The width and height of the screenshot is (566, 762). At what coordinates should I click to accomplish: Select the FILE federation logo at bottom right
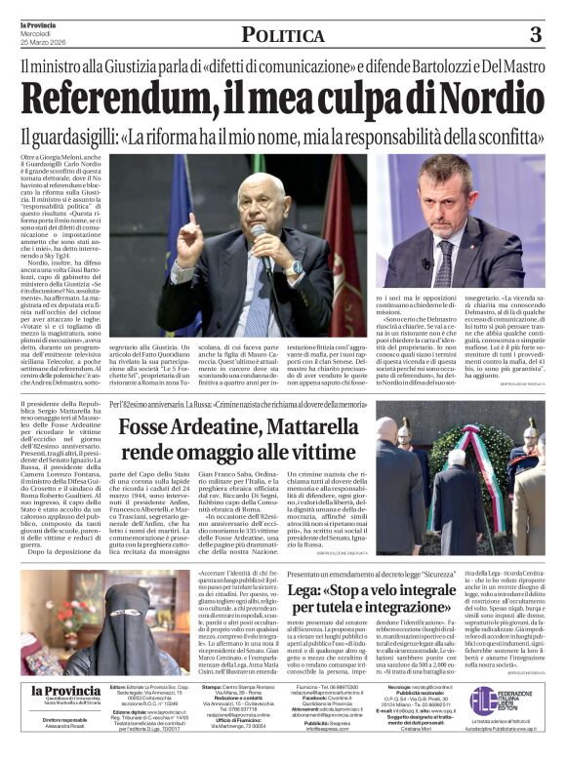click(506, 700)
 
